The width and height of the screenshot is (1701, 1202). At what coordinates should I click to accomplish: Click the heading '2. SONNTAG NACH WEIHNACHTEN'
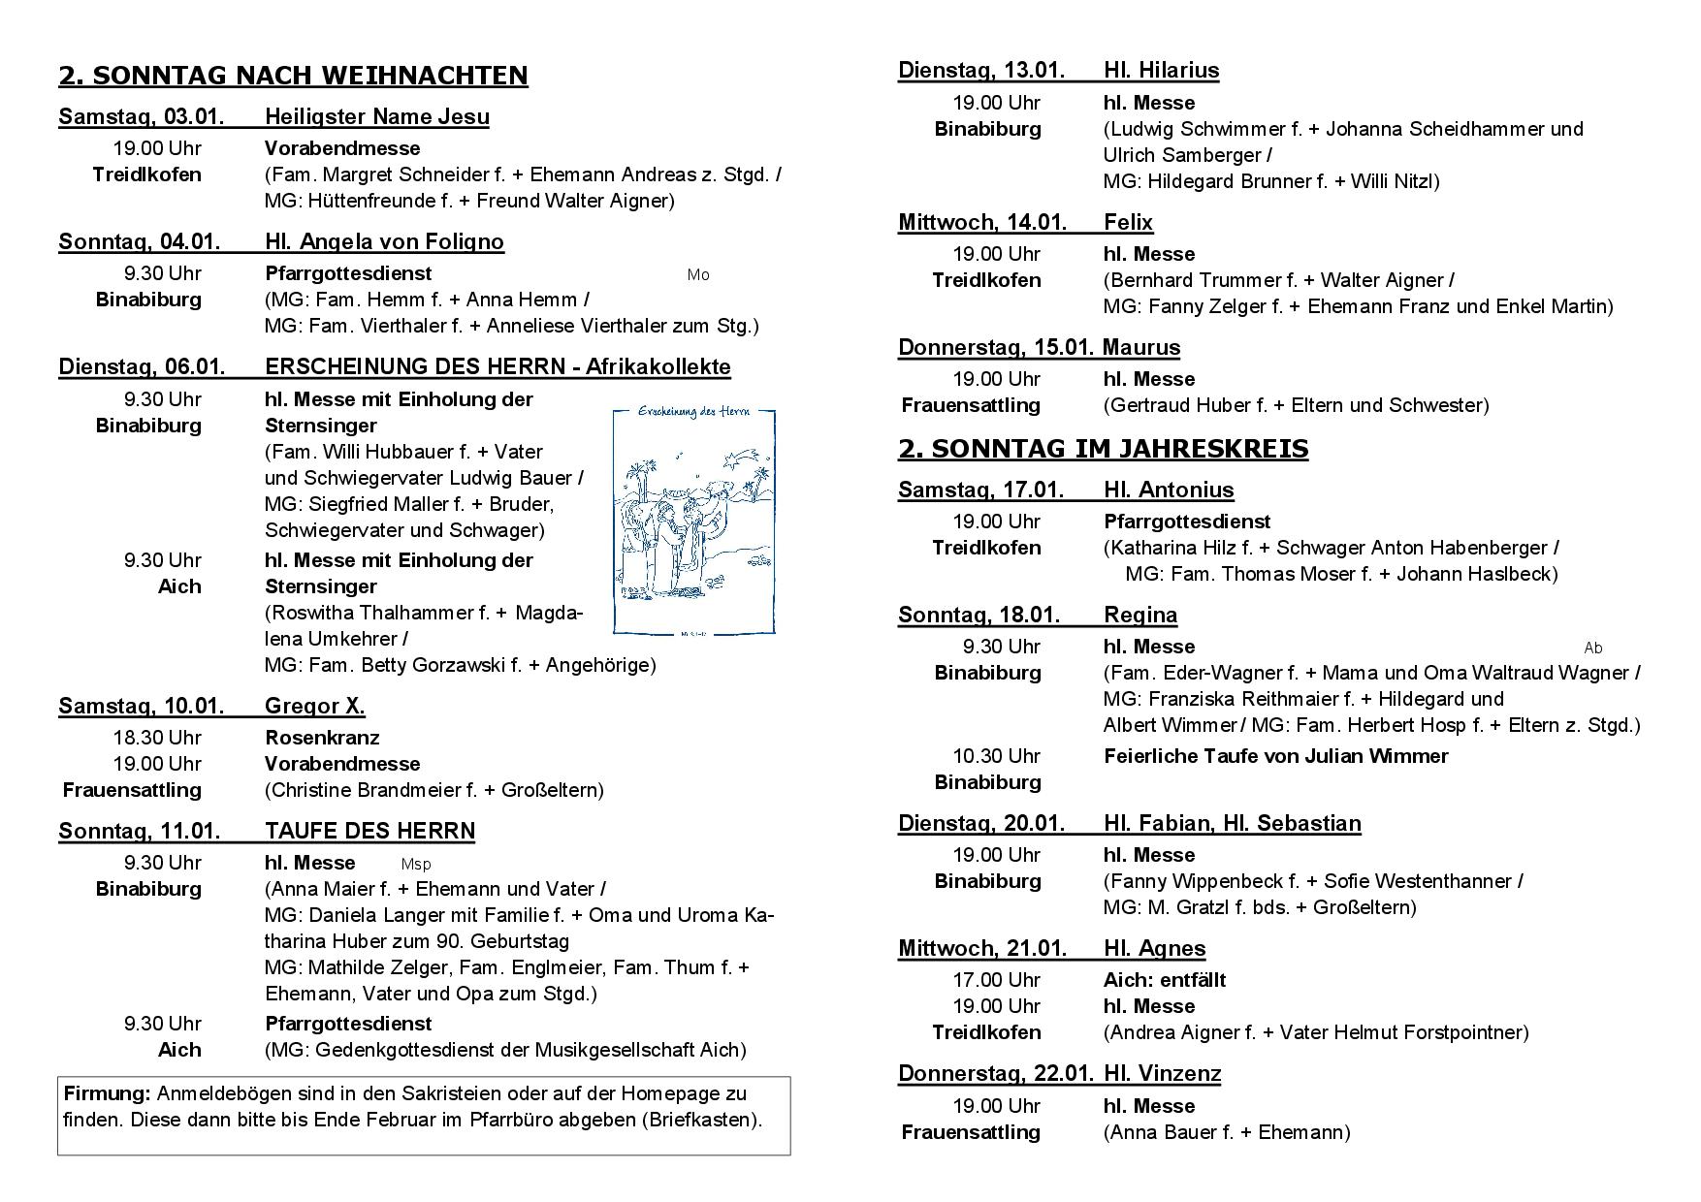[x=293, y=76]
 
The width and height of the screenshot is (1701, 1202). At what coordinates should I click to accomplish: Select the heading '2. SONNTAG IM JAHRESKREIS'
[x=1103, y=449]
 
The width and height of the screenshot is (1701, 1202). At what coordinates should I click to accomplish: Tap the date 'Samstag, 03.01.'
[x=141, y=117]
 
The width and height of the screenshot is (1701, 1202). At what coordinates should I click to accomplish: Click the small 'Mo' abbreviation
[x=698, y=275]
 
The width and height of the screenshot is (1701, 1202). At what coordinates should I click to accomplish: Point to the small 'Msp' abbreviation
[x=416, y=864]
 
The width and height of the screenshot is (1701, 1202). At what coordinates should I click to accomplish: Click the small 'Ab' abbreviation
[x=1592, y=648]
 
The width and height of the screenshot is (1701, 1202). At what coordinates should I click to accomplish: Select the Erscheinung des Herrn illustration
[x=694, y=522]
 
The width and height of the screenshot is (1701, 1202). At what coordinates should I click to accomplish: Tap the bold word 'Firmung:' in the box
[x=107, y=1093]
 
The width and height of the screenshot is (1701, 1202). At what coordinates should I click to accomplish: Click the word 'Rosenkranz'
[x=322, y=738]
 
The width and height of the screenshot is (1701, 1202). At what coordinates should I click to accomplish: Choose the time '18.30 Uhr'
[x=157, y=738]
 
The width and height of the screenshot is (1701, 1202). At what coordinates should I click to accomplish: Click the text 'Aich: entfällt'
[x=1164, y=980]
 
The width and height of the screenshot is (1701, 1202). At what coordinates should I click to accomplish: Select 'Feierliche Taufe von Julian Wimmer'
[x=1275, y=756]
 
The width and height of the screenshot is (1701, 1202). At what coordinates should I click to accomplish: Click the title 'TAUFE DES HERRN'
[x=369, y=832]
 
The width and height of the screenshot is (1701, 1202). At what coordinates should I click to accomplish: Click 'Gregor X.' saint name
[x=314, y=707]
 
